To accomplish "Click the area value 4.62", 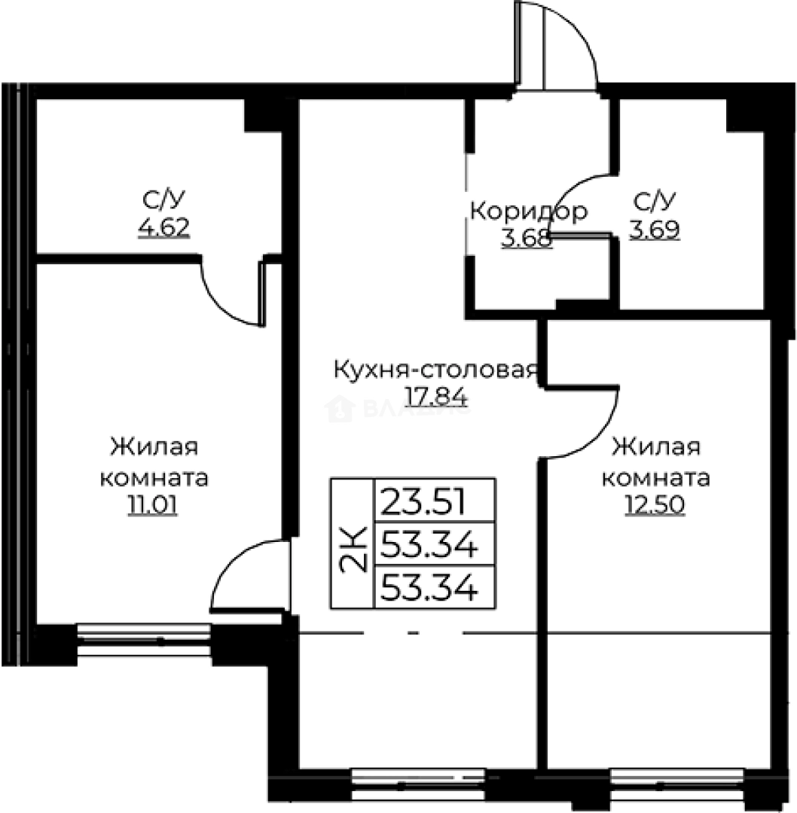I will [x=163, y=227].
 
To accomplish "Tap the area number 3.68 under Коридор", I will [x=526, y=239].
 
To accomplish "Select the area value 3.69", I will [x=655, y=229].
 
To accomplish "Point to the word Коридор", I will [x=527, y=212].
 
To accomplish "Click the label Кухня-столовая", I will [x=435, y=370].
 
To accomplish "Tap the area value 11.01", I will [x=154, y=505].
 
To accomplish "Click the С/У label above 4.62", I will [x=163, y=200].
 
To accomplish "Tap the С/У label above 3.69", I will [x=655, y=202].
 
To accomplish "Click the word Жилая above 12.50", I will [x=656, y=449].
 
